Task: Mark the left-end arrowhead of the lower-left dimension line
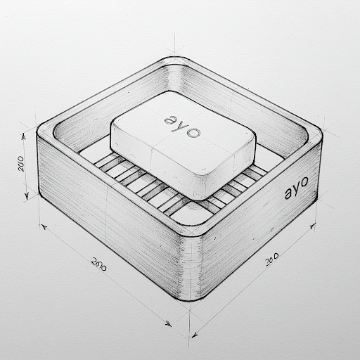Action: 44,227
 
